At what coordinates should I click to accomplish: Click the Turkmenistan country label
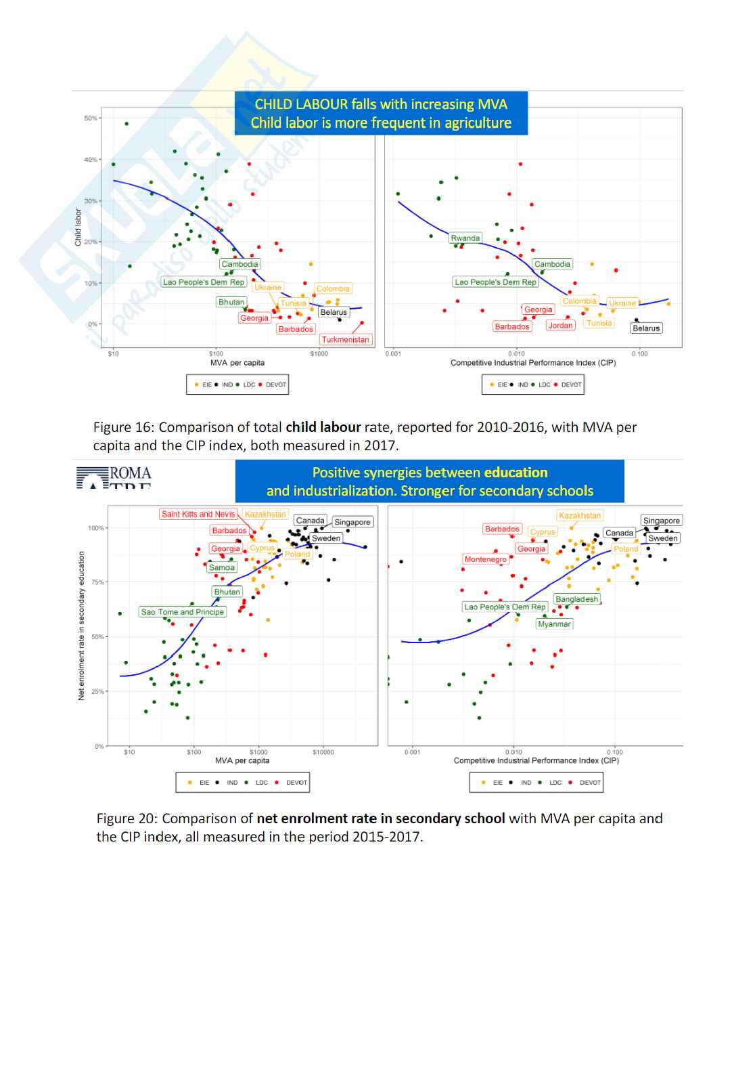point(345,340)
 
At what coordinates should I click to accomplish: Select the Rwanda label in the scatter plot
point(465,238)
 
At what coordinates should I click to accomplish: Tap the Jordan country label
point(560,326)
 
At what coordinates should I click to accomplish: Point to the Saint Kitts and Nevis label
point(198,515)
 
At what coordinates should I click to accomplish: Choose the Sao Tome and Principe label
point(182,612)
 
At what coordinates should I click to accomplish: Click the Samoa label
point(222,568)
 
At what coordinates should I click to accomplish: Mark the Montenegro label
point(485,559)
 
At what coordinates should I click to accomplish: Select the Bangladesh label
point(576,599)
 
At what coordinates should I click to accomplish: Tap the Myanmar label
point(554,624)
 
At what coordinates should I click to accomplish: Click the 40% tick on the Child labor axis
point(90,160)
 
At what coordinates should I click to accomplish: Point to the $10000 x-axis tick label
point(323,752)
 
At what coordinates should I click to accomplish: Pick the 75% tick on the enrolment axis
point(97,582)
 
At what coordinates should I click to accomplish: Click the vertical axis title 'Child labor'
point(78,227)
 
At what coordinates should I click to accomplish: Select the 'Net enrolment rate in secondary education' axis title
point(82,626)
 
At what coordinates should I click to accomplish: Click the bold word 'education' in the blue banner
point(516,473)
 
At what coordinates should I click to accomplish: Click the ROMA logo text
point(131,473)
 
